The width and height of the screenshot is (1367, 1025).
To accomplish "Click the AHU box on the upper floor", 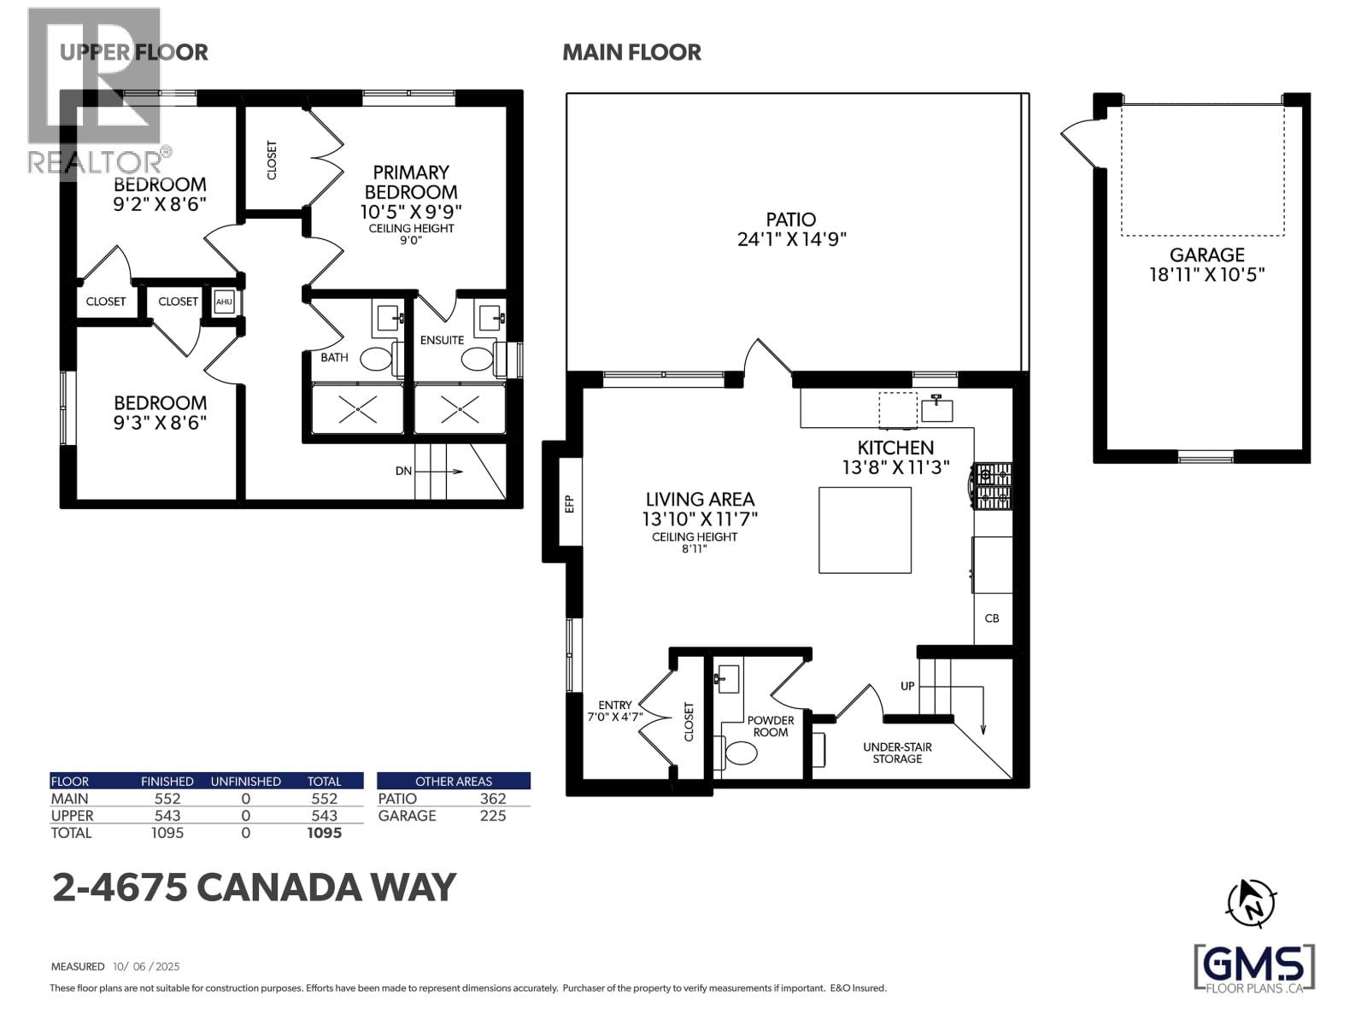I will pyautogui.click(x=224, y=302).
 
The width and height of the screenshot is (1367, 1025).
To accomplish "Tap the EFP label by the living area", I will pyautogui.click(x=570, y=503).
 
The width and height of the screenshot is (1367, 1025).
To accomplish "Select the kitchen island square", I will pyautogui.click(x=865, y=530).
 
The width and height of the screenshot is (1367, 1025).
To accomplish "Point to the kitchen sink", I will pyautogui.click(x=936, y=409).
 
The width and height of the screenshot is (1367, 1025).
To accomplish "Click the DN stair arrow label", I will pyautogui.click(x=404, y=471).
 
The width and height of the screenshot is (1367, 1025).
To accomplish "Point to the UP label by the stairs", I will pyautogui.click(x=907, y=686).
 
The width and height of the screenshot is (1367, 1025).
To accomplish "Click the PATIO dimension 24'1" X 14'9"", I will pyautogui.click(x=791, y=239).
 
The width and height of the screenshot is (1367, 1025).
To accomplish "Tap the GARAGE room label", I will pyautogui.click(x=1206, y=255).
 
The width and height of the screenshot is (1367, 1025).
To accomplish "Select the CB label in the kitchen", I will pyautogui.click(x=992, y=618).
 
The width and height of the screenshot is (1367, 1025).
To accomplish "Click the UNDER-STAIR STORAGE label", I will pyautogui.click(x=897, y=753).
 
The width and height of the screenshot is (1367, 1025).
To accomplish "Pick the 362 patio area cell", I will pyautogui.click(x=493, y=799).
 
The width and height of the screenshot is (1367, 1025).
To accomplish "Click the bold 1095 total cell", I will pyautogui.click(x=324, y=833).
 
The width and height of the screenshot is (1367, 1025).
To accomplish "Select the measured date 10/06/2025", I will pyautogui.click(x=146, y=967).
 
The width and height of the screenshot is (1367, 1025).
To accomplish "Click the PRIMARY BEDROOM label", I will pyautogui.click(x=411, y=182).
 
